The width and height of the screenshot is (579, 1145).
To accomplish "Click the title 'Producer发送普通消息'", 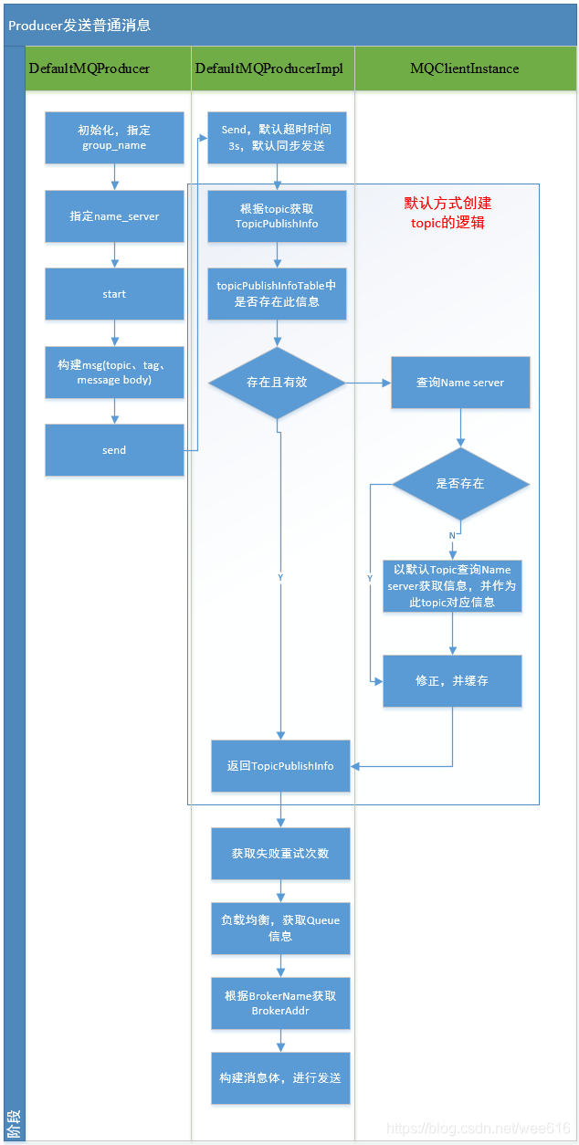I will (x=79, y=26).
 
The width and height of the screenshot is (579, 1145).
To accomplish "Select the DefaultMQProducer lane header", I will (x=89, y=68).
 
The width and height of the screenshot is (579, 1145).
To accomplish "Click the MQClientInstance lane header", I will (x=464, y=68).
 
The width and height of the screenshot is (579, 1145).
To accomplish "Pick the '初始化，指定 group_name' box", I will (x=114, y=138).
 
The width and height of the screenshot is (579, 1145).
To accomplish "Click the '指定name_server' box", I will (x=114, y=216).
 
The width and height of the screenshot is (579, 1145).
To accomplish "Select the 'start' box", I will (x=114, y=294).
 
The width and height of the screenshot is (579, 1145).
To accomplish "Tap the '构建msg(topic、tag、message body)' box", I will (x=114, y=372).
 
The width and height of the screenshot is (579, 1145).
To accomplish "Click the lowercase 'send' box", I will (x=114, y=450).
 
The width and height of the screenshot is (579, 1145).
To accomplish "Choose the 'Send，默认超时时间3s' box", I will (x=277, y=138).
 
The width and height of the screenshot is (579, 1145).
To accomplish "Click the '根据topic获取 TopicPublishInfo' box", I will (x=277, y=216).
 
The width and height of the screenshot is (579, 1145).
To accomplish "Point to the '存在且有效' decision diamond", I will (x=277, y=383).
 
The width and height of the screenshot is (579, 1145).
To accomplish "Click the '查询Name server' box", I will (x=460, y=383).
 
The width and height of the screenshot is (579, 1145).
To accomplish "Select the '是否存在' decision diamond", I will (x=460, y=484).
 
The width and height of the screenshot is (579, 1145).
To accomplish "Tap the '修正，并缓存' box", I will (x=452, y=681).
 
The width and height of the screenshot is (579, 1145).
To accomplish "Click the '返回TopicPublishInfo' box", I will (x=280, y=766).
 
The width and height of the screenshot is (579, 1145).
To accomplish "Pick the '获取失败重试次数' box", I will (x=280, y=854).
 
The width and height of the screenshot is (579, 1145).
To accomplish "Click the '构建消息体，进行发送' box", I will (x=280, y=1078).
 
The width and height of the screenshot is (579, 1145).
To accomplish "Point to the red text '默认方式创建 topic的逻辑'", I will (x=447, y=213).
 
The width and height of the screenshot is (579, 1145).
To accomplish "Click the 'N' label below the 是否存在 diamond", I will (x=451, y=535).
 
